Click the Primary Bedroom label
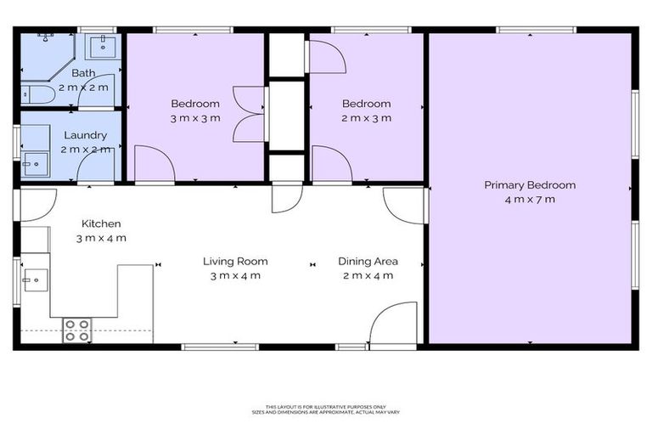(x=530, y=185)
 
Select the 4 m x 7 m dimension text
(x=530, y=200)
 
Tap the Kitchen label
(x=100, y=223)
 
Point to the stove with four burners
(x=76, y=330)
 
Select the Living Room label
(x=235, y=262)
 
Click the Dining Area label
(x=368, y=262)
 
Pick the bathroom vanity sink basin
(x=103, y=44)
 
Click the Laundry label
(x=85, y=135)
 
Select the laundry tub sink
(x=34, y=163)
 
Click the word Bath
(x=83, y=73)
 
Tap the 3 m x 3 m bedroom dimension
(x=195, y=118)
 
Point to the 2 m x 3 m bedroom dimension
(x=367, y=118)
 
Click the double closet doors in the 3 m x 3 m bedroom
(x=249, y=113)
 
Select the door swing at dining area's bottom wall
(x=393, y=325)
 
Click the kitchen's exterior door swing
(x=37, y=202)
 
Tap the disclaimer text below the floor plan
(x=326, y=410)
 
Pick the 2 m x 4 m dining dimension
(x=368, y=275)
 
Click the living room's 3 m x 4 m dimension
(x=235, y=275)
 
